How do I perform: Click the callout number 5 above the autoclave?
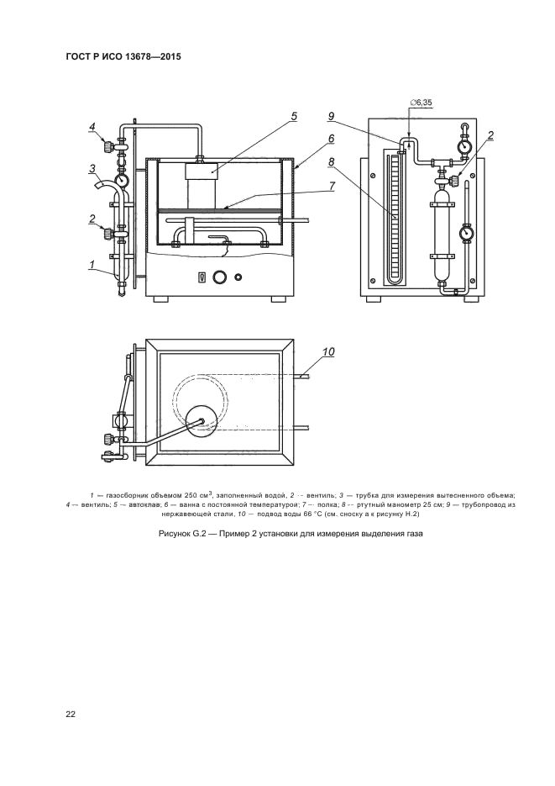point(294,116)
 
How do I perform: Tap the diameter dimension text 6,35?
point(424,103)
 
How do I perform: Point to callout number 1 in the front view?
point(92,264)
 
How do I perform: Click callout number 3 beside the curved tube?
point(92,169)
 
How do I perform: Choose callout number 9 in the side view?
point(331,116)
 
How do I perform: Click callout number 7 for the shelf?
point(332,186)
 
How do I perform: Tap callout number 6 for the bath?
point(332,139)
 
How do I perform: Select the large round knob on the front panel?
point(218,277)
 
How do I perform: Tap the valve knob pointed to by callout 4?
point(107,147)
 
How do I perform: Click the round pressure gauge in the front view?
point(121,179)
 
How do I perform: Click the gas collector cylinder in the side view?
point(442,235)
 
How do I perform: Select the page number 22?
point(71,715)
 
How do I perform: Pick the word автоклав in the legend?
point(144,504)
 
